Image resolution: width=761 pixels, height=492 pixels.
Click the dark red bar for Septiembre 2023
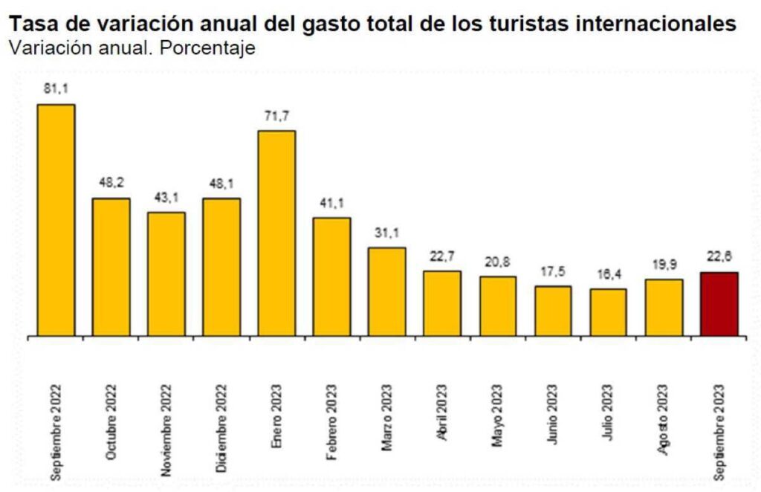[x=719, y=304]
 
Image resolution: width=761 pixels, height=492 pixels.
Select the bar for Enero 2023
[x=276, y=233]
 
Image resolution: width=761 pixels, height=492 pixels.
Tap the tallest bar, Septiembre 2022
[x=56, y=220]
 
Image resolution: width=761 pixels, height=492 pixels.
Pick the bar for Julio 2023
[x=609, y=312]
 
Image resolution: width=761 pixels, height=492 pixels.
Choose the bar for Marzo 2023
[x=387, y=291]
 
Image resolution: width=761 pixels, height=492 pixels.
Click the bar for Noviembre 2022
[x=166, y=274]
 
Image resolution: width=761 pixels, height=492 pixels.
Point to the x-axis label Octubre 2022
[x=111, y=422]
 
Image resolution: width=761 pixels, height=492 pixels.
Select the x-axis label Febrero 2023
[x=331, y=421]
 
